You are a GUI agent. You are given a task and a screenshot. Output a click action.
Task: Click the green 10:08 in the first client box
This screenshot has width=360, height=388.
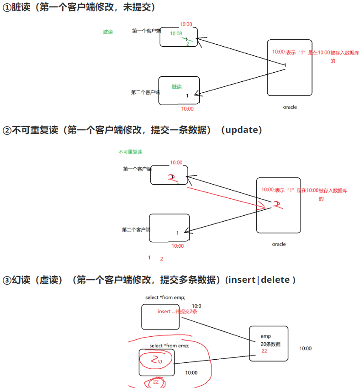point(176,33)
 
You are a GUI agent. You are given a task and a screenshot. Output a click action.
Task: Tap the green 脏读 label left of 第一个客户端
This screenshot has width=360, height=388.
point(108,32)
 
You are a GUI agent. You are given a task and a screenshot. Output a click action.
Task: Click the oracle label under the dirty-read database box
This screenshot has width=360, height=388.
point(290,107)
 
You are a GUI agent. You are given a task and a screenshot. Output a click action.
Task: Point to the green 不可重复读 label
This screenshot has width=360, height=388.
point(130,152)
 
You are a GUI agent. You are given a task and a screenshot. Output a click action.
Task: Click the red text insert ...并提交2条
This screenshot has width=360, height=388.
point(177,311)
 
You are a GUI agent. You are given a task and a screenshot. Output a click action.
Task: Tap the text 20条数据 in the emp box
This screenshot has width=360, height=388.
point(270,344)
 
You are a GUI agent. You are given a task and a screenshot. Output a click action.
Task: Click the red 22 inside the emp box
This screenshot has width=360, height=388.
point(264,351)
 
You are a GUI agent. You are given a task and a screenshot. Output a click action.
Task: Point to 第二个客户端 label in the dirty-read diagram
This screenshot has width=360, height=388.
point(145,92)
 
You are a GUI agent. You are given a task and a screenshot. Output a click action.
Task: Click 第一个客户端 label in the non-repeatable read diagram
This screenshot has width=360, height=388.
point(137,169)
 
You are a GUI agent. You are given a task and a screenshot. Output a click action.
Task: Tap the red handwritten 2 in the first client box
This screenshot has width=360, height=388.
point(171,178)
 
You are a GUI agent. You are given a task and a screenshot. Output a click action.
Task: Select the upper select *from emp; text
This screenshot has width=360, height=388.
point(165,298)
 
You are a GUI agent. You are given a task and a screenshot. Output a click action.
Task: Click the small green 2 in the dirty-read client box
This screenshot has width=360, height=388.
point(187,44)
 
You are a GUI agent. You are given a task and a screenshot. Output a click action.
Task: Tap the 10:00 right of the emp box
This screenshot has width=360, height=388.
point(305,348)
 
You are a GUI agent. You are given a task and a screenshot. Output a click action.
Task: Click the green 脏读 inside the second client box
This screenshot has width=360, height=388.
point(177,86)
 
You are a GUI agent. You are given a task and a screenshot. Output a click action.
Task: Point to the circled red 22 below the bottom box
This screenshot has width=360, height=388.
point(156,382)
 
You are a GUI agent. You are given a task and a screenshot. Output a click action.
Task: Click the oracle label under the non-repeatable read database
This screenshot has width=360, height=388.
point(279,244)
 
